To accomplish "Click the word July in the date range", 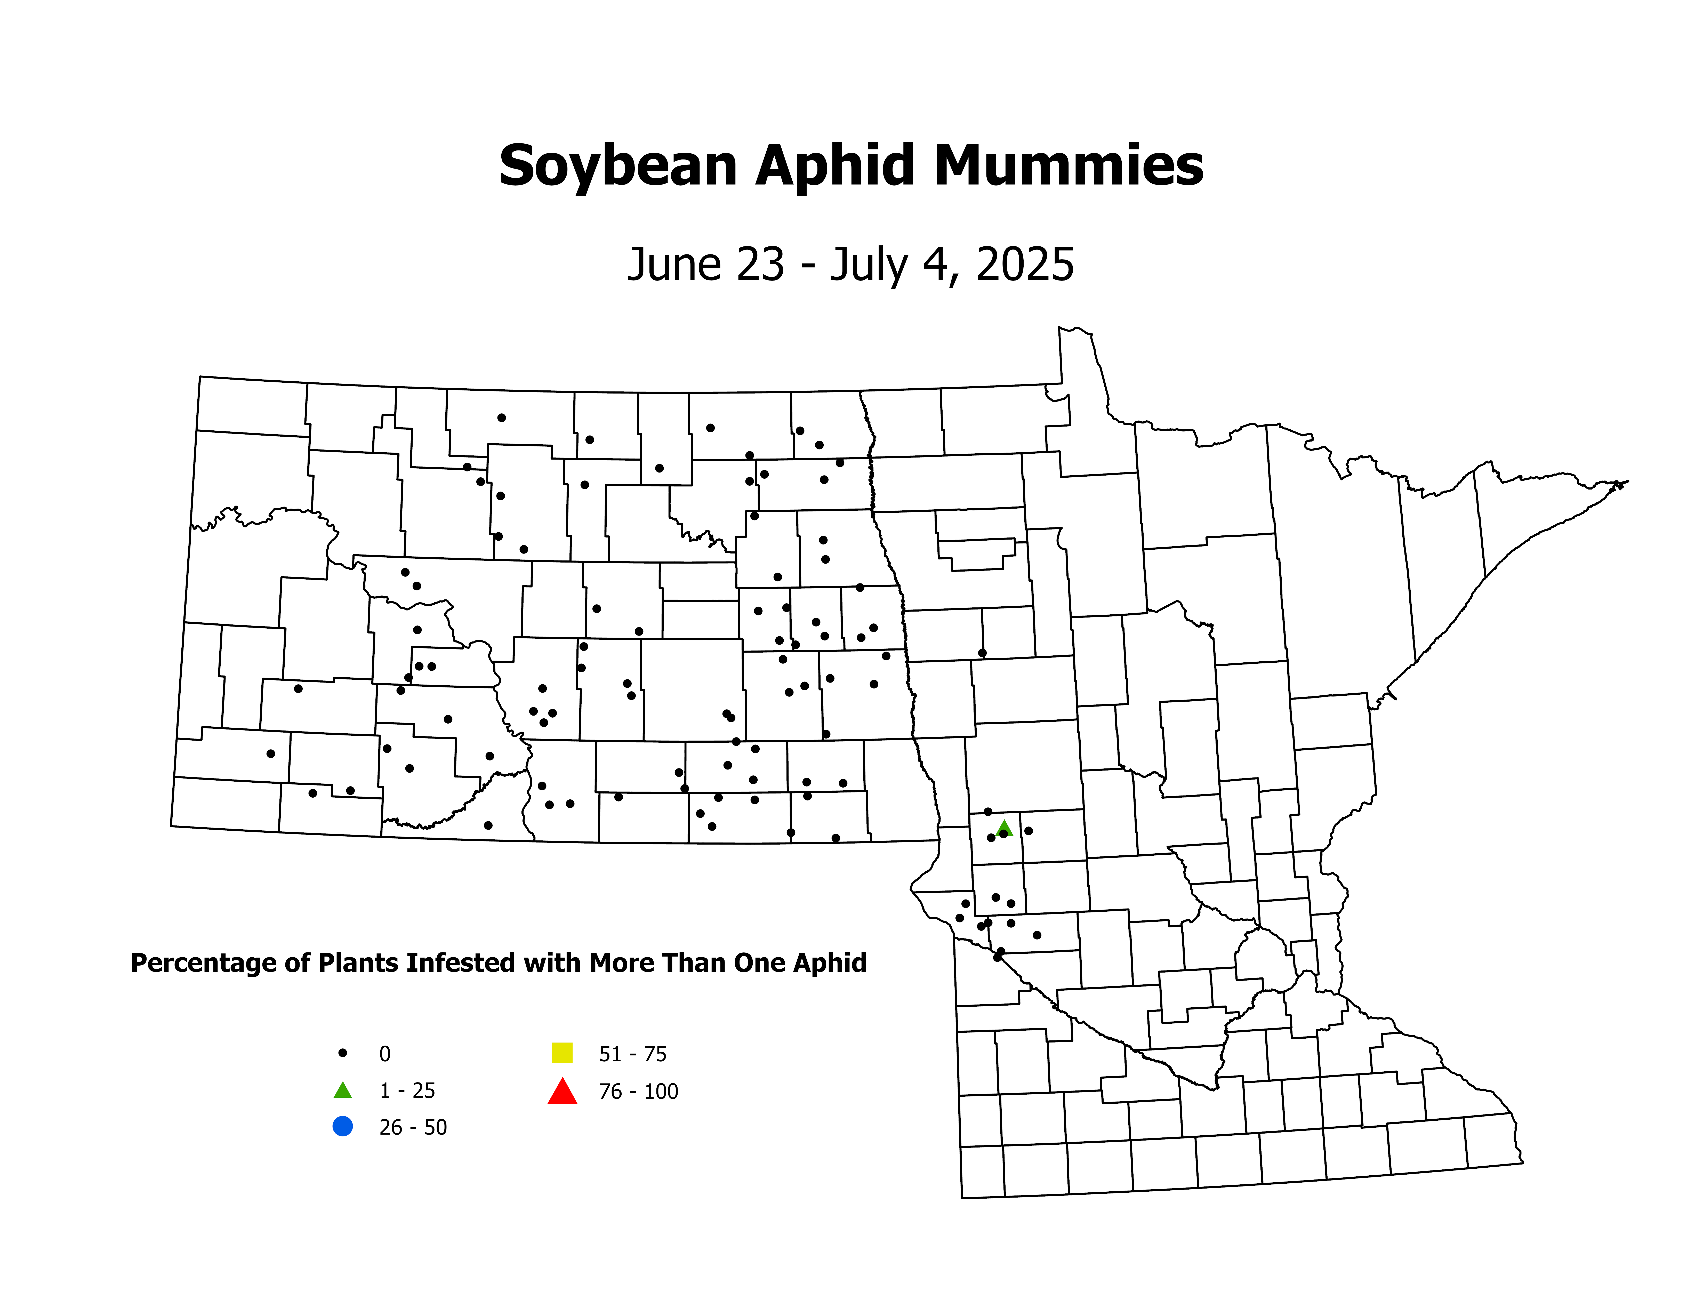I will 867,265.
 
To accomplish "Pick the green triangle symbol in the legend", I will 342,1090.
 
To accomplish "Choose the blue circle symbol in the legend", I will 342,1127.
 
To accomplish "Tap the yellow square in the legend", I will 562,1053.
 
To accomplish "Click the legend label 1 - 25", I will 407,1091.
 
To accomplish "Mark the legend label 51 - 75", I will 632,1054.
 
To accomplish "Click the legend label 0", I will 384,1054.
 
